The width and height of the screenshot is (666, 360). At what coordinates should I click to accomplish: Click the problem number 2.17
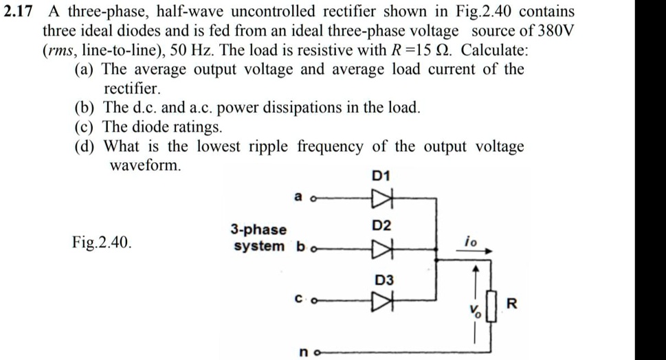click(x=21, y=12)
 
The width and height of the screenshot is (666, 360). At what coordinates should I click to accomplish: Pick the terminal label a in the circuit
click(x=298, y=196)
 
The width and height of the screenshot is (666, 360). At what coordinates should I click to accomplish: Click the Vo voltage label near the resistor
click(x=475, y=311)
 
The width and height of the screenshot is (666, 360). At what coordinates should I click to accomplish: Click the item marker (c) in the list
click(x=85, y=127)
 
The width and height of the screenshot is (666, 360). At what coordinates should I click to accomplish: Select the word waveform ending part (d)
click(x=146, y=166)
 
